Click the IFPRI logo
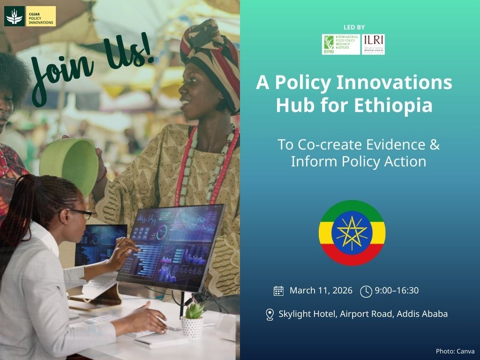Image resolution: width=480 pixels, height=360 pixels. [x=341, y=45]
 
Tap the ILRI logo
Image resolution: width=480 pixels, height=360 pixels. [x=374, y=45]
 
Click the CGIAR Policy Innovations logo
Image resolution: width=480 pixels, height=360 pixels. [x=30, y=16]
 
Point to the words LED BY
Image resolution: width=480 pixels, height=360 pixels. [x=354, y=27]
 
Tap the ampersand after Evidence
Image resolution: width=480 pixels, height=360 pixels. [x=435, y=144]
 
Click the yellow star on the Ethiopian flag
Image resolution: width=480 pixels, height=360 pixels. [x=352, y=233]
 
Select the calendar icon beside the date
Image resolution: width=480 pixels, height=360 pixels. [x=278, y=291]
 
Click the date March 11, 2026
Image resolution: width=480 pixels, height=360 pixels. [x=321, y=291]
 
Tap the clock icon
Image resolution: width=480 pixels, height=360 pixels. [x=366, y=291]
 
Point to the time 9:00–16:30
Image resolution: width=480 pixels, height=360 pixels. [x=397, y=291]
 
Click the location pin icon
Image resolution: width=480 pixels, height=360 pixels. [x=270, y=315]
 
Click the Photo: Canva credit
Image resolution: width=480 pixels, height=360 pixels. [x=455, y=351]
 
